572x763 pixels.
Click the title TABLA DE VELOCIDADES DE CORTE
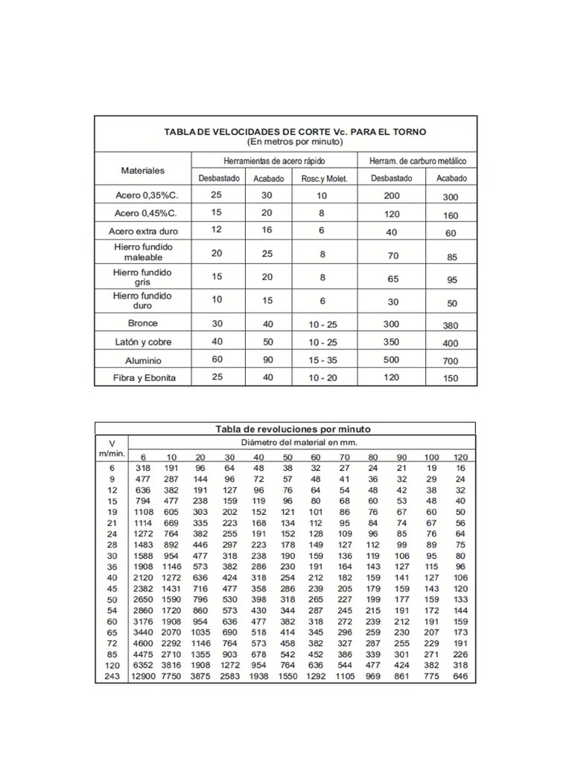coord(295,131)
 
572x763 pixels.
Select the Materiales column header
coord(142,170)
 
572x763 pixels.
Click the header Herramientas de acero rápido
coord(274,161)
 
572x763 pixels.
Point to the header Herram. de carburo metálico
coord(418,161)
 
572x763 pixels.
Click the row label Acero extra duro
coord(143,231)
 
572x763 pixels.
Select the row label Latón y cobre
coord(143,342)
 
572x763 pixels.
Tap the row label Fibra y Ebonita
coord(143,378)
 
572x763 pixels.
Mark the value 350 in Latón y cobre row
coord(392,342)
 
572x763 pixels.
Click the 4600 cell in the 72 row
coord(144,643)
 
